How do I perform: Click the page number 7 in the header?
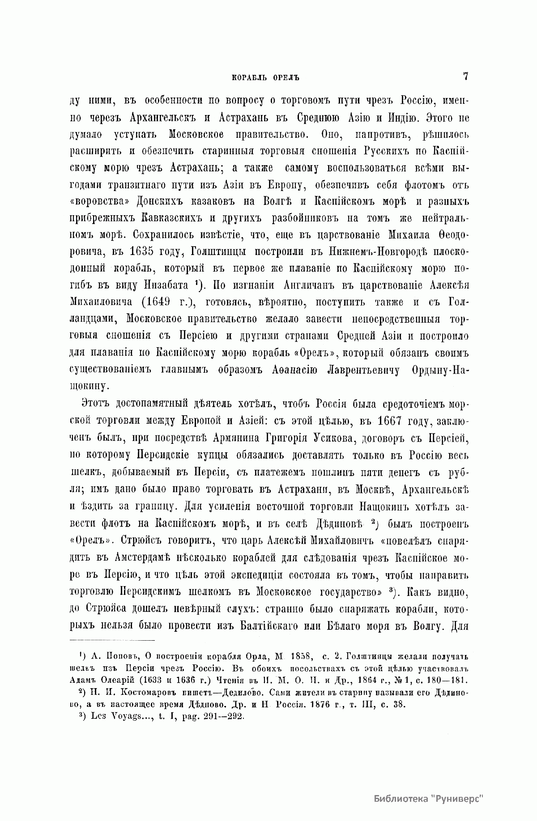point(465,76)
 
